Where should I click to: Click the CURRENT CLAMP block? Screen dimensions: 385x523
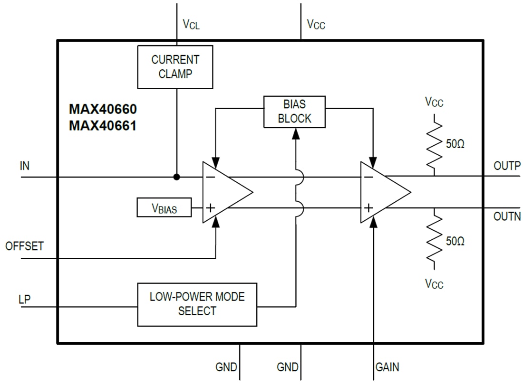click(175, 67)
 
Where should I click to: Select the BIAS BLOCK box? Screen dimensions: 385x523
click(294, 112)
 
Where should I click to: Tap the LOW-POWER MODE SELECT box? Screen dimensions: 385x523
click(197, 304)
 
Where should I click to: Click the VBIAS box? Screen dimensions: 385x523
click(164, 207)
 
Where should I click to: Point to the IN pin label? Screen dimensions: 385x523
click(25, 166)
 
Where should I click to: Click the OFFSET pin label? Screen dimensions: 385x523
click(24, 246)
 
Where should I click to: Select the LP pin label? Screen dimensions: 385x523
click(25, 300)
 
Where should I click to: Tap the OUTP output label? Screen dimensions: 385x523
click(507, 166)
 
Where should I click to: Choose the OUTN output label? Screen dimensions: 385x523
click(507, 216)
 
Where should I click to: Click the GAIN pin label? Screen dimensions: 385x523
click(387, 367)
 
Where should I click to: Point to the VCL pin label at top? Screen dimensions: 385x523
click(191, 24)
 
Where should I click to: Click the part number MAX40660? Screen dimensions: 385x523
click(103, 110)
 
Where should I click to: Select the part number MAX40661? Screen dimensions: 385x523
click(103, 126)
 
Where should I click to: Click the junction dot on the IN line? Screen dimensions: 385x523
click(176, 177)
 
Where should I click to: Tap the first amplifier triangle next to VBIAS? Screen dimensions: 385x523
click(223, 192)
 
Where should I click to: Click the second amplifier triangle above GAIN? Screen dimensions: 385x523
click(381, 192)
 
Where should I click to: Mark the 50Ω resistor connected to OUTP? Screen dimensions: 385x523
click(434, 144)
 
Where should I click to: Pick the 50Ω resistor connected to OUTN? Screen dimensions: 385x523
click(434, 241)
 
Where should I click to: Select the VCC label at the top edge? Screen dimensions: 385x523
click(316, 24)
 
